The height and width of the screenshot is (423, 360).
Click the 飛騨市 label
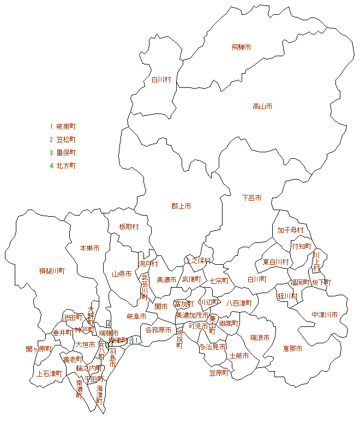point(241,48)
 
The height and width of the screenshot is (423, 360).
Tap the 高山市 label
point(262,106)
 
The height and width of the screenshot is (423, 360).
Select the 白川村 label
point(161,80)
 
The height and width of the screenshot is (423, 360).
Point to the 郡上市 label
point(181,206)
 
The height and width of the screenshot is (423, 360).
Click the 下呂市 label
point(251,198)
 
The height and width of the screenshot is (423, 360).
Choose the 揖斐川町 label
point(52,271)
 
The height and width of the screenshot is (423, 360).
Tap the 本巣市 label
point(89,248)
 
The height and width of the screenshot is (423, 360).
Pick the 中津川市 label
point(325,315)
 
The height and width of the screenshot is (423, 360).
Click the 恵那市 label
point(292,348)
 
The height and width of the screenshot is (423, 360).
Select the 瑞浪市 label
point(260,338)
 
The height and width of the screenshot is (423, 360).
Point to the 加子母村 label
point(290,230)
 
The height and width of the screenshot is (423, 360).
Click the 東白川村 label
point(275,263)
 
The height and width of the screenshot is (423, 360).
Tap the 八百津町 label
point(239,303)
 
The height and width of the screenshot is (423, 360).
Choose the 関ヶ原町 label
point(39,349)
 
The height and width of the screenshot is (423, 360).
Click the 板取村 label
point(129,227)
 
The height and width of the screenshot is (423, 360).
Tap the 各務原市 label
point(158,330)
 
